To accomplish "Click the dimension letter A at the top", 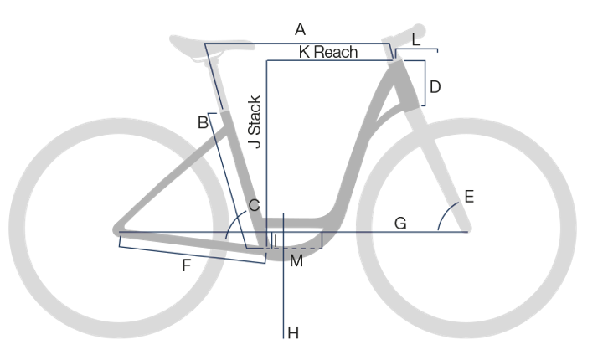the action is [x=300, y=29].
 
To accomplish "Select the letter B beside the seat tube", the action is [x=203, y=122].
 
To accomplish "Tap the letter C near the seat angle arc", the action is [x=254, y=205].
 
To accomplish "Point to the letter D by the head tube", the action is [x=435, y=87].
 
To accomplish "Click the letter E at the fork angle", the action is [x=469, y=197].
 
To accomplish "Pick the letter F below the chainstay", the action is [x=187, y=265].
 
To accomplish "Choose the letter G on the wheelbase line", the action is [x=400, y=224].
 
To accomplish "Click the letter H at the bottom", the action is [x=293, y=333].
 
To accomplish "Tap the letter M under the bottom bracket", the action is [x=296, y=261].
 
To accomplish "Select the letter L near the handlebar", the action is [x=416, y=40].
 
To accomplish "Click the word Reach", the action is [x=336, y=52].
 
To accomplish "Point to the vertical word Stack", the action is [x=255, y=115].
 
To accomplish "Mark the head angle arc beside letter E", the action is [x=446, y=213].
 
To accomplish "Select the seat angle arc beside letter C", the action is [x=233, y=221].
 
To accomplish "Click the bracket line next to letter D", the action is [x=425, y=83].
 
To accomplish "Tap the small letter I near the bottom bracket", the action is [x=276, y=241].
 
